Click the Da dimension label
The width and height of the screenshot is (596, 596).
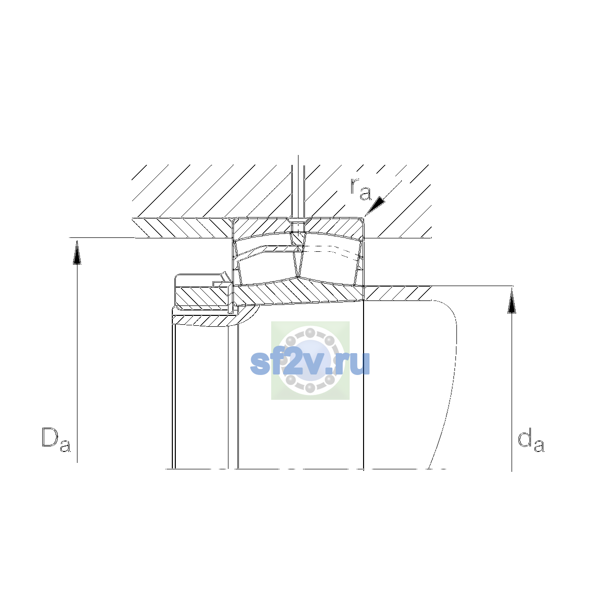(x=56, y=440)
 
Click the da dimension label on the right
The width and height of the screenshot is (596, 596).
(x=531, y=440)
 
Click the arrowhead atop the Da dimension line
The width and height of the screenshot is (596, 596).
(x=77, y=252)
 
